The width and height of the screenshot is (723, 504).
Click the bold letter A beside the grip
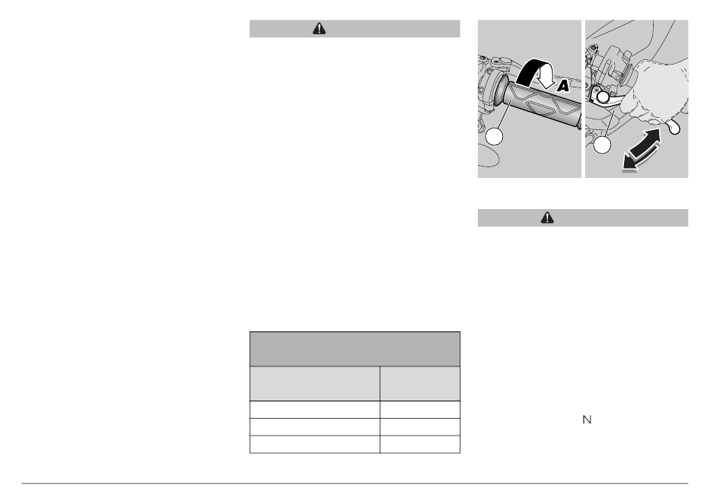pos(562,86)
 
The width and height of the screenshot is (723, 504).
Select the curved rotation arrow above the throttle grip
pos(534,71)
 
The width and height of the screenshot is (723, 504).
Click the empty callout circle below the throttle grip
pos(494,137)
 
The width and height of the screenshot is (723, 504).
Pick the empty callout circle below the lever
pos(602,145)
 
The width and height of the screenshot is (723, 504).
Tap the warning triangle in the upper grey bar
pos(319,29)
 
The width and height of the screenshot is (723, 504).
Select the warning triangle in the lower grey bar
pos(547,218)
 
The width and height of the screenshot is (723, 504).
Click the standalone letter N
pos(587,420)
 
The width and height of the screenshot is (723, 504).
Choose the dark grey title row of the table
pos(355,349)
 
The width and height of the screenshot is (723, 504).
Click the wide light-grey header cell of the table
pos(315,384)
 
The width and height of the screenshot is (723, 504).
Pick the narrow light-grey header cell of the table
pos(420,384)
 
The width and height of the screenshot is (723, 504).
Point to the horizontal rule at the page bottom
pos(355,483)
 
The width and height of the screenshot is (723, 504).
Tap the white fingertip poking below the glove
pos(674,127)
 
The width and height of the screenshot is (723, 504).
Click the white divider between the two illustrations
pos(583,99)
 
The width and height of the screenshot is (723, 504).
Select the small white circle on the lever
pos(603,97)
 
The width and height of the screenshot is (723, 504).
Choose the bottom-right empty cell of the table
pos(420,445)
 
